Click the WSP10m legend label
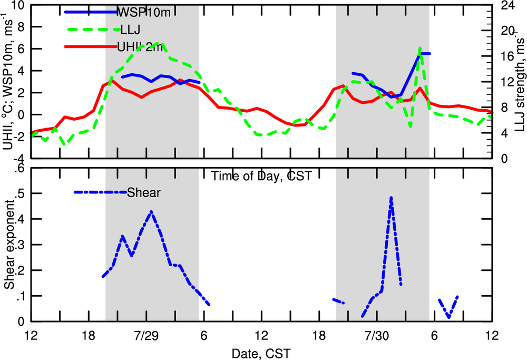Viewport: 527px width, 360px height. [144, 12]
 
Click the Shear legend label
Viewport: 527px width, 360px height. [143, 192]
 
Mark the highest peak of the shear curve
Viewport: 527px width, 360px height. [391, 198]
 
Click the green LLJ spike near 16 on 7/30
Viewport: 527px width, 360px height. [419, 48]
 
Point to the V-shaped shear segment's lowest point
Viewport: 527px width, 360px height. [448, 317]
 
